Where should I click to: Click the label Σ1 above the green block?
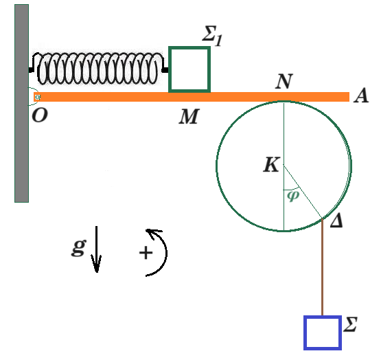click(212, 36)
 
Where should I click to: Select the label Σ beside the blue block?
click(350, 324)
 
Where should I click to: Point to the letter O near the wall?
click(40, 115)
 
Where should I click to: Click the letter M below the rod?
click(189, 117)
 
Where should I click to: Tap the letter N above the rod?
click(284, 81)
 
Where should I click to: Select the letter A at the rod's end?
click(361, 95)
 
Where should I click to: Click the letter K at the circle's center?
click(272, 165)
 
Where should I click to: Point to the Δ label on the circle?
click(336, 221)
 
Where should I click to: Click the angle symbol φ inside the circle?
click(293, 196)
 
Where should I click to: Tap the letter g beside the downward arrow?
click(78, 247)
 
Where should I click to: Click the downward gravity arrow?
click(97, 249)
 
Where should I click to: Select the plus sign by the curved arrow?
click(146, 253)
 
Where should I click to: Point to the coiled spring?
click(98, 69)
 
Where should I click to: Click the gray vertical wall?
click(22, 103)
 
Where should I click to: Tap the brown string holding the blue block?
click(323, 267)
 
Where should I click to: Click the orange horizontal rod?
click(192, 97)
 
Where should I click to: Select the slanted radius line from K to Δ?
click(303, 192)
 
